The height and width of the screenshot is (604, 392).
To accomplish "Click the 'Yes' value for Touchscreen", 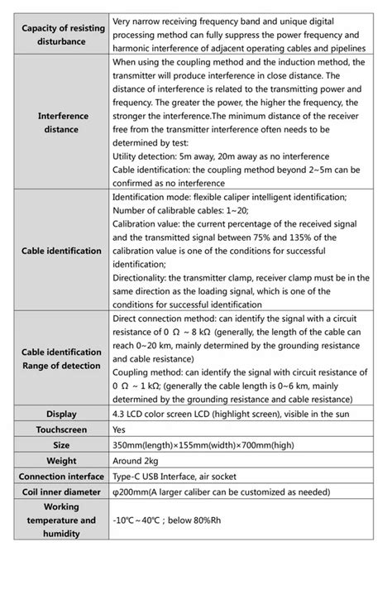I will coord(120,429).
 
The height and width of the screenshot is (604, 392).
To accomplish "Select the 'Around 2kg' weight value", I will coord(139,461).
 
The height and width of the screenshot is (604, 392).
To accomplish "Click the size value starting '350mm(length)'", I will coord(203,445).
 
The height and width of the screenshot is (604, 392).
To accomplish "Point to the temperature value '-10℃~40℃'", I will coord(140,520).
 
